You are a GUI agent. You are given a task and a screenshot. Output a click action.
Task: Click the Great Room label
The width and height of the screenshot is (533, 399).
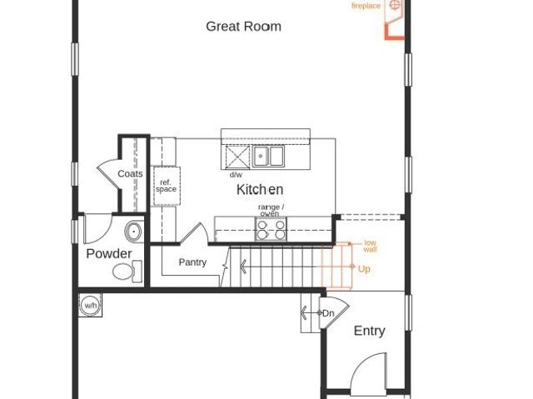(x=243, y=27)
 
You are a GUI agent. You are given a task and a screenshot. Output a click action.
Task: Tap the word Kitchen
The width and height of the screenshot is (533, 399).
(x=260, y=189)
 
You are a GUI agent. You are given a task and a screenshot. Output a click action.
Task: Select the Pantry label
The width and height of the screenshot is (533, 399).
(x=192, y=262)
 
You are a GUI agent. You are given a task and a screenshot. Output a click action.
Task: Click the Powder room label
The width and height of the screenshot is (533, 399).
(x=109, y=253)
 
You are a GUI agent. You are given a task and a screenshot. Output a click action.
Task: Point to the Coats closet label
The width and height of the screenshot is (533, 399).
(x=130, y=173)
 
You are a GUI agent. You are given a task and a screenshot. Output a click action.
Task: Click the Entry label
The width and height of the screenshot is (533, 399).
(x=370, y=331)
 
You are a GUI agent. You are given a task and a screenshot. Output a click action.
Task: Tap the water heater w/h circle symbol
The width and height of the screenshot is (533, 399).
(x=90, y=305)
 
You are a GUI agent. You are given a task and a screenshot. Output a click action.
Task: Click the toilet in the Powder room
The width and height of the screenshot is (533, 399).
(x=127, y=272)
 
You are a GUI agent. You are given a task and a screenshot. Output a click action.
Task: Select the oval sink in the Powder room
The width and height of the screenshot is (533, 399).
(x=134, y=232)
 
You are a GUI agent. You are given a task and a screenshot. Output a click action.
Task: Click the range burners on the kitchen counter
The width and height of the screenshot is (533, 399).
(x=271, y=229)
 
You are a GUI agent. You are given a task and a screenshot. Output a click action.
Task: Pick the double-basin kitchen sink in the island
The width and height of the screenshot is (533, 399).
(x=268, y=157)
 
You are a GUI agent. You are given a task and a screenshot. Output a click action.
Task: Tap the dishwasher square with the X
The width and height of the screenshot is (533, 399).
(x=237, y=157)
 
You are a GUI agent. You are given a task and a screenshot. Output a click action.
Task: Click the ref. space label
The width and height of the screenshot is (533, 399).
(x=166, y=187)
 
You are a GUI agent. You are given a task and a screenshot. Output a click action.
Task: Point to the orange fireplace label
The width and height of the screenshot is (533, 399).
(x=366, y=6)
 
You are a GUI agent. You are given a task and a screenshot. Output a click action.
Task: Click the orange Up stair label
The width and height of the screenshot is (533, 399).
(x=364, y=269)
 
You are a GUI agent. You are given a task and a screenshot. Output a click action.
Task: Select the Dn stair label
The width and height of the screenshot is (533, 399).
(x=328, y=313)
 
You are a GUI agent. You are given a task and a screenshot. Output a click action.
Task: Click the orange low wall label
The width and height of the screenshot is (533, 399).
(x=370, y=246)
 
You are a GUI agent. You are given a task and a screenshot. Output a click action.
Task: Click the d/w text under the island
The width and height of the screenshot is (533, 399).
(x=236, y=175)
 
